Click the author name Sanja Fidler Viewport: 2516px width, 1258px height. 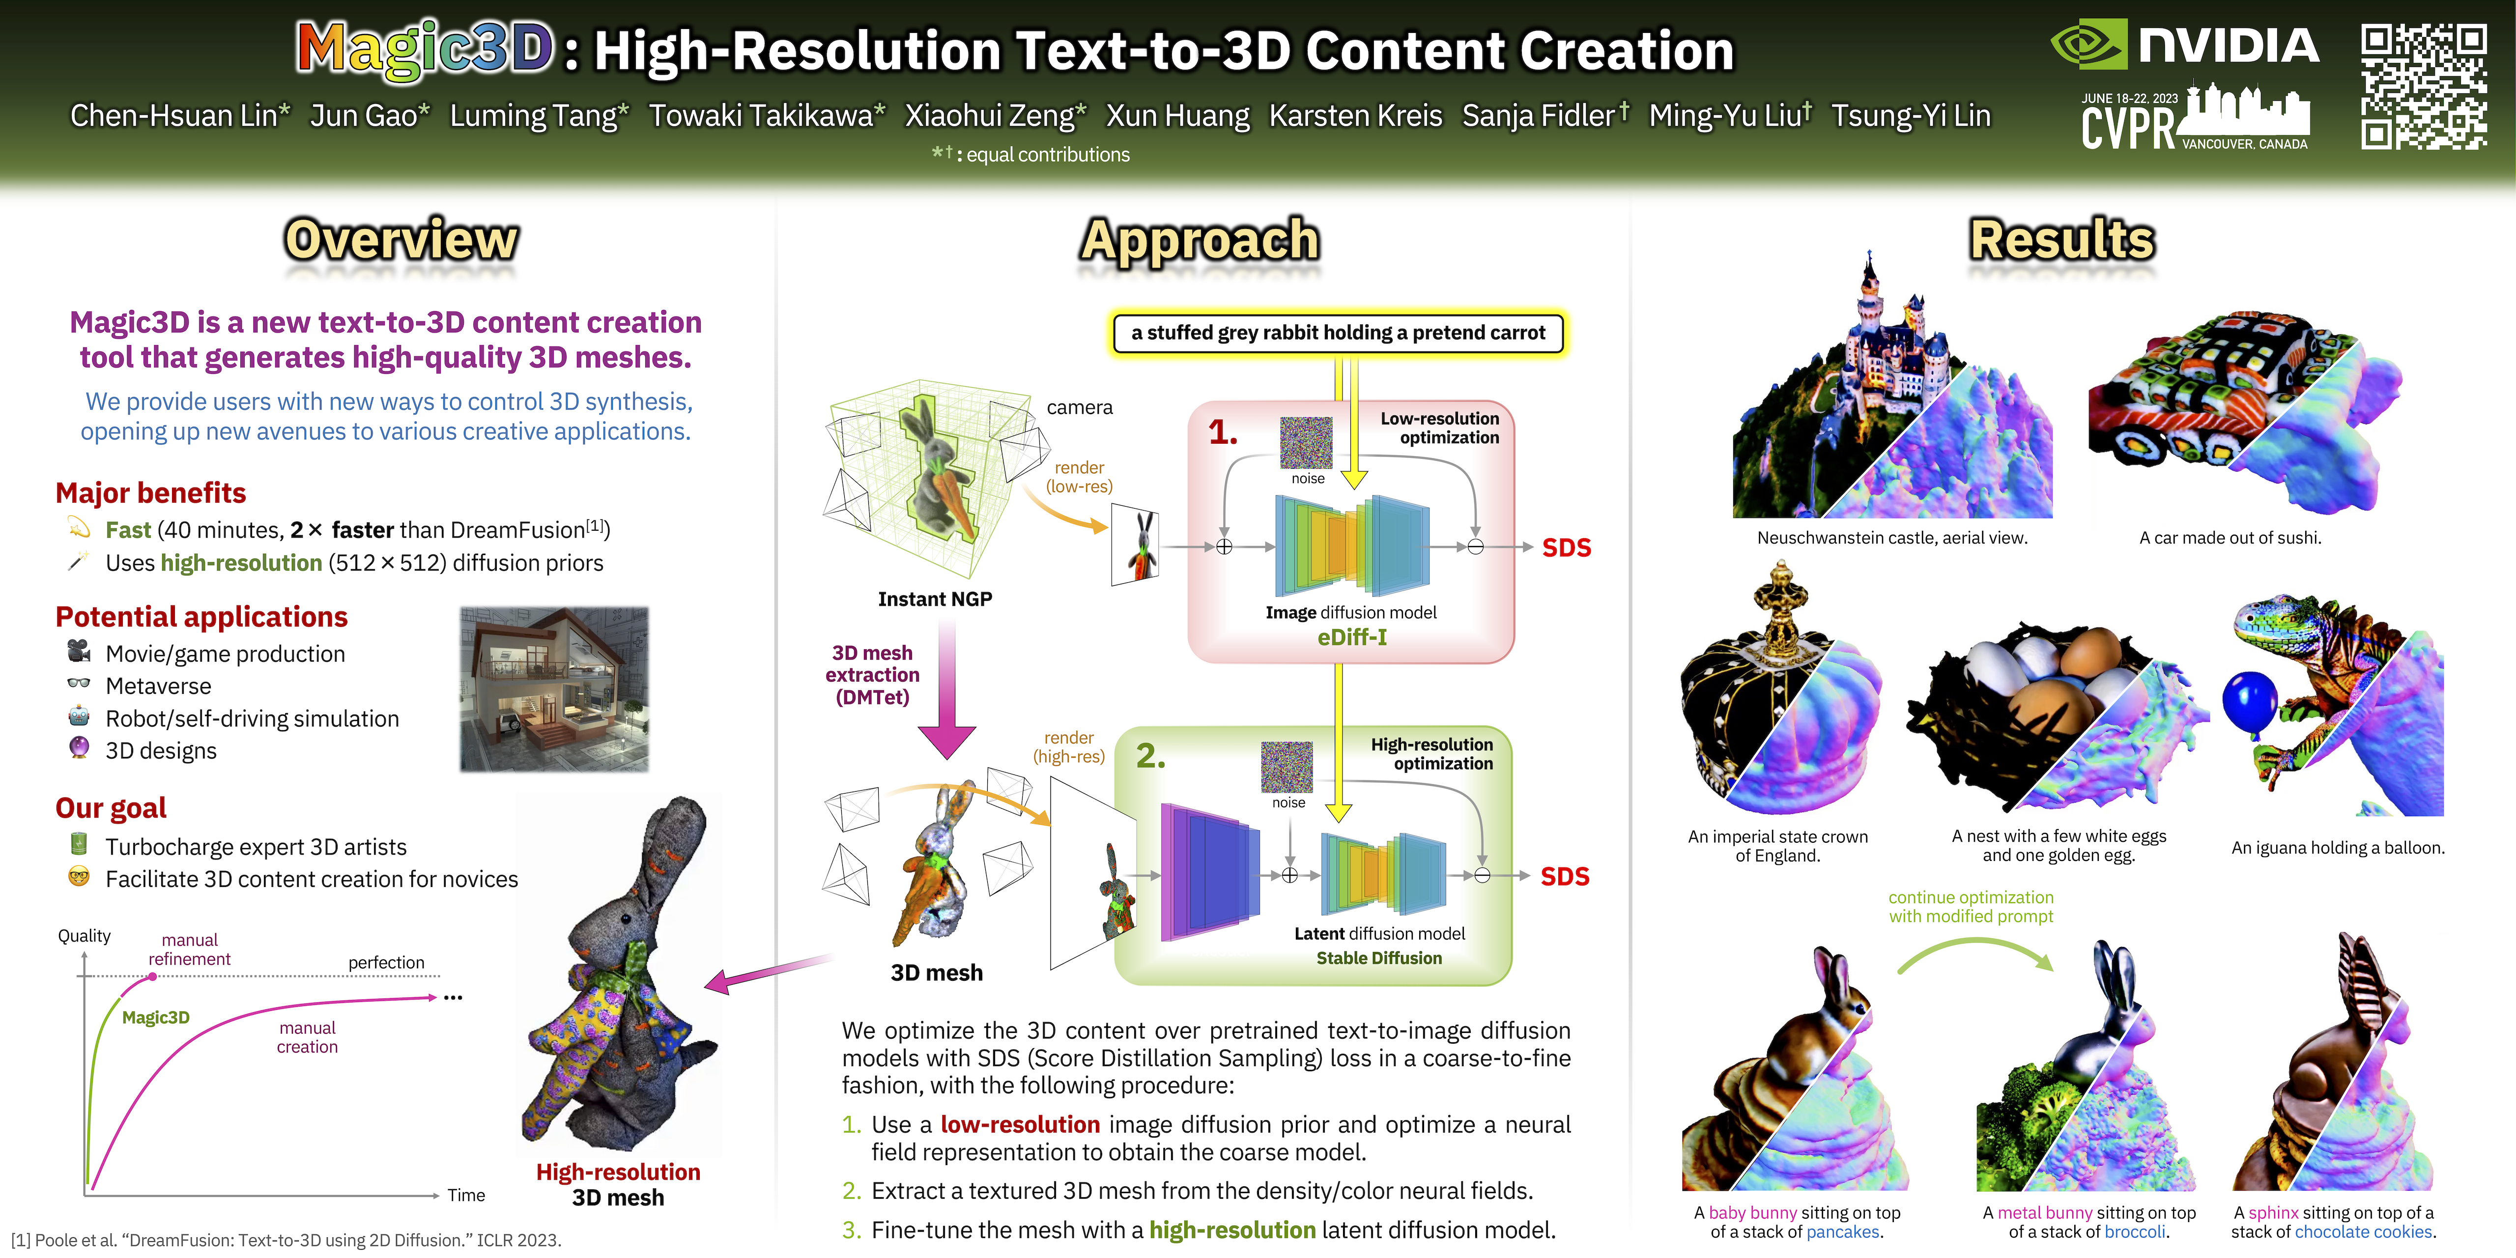pos(1538,115)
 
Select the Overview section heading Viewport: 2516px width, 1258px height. pos(401,239)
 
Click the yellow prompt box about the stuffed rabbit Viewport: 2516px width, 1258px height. pos(1338,333)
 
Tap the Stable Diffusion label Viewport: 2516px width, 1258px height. pos(1379,958)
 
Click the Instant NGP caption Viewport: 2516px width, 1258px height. pos(935,599)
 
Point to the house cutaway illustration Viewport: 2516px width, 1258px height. pos(554,689)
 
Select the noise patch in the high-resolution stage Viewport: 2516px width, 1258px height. pos(1287,767)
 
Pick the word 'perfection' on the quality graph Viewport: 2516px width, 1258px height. pos(387,963)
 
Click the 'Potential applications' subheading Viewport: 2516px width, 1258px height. pos(201,617)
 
